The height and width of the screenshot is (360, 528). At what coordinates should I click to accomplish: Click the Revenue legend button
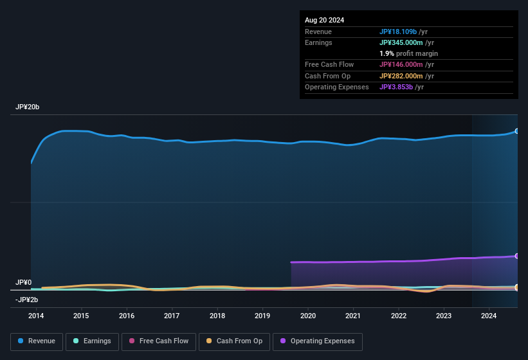(x=36, y=341)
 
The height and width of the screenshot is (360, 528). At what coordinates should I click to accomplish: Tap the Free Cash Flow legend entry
(x=159, y=341)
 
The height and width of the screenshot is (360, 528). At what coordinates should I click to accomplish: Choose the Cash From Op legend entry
(x=233, y=341)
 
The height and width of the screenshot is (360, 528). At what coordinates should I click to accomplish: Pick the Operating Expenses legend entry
(x=317, y=341)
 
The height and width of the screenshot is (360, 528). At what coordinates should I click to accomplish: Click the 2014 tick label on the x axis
(x=36, y=316)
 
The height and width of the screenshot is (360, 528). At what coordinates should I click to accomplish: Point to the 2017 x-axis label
(x=172, y=316)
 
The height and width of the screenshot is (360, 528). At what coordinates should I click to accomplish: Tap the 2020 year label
(x=308, y=316)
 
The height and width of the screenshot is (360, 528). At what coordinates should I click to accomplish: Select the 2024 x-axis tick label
(x=489, y=316)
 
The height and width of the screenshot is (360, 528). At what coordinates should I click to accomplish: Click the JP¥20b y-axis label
(x=28, y=107)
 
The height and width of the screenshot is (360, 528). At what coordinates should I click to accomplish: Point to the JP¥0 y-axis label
(x=24, y=283)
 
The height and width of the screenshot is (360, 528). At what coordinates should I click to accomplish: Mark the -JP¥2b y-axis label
(x=27, y=300)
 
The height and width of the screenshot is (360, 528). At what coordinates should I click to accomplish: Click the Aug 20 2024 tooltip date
(x=324, y=20)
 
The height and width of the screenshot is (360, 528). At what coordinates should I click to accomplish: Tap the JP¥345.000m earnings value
(x=401, y=42)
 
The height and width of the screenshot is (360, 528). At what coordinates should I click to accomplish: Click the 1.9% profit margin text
(x=408, y=53)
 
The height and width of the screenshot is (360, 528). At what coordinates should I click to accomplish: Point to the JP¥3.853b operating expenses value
(x=396, y=87)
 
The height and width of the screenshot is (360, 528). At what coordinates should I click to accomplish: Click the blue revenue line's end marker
(x=517, y=131)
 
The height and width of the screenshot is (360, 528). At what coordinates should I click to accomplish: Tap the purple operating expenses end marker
(x=517, y=256)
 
